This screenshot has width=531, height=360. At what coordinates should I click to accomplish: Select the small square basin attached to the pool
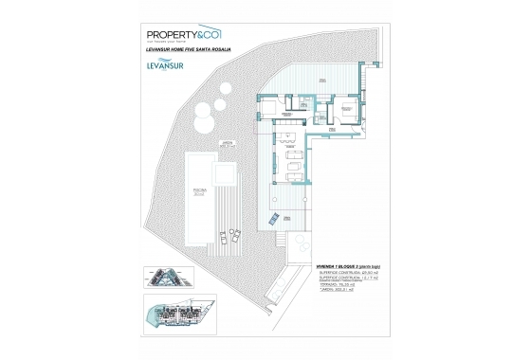point(226,177)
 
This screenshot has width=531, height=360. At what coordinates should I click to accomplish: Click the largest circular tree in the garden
point(202,120)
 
